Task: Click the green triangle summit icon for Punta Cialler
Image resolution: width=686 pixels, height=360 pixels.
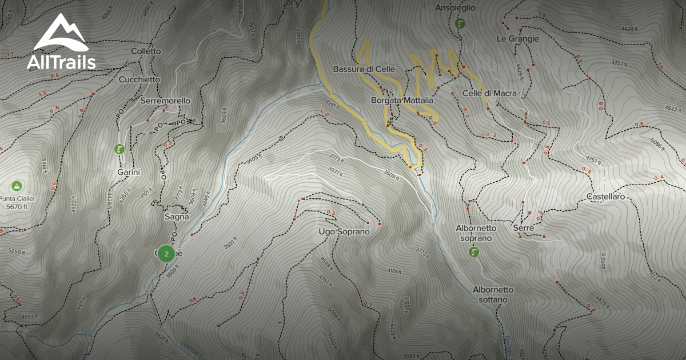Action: tap(17, 186)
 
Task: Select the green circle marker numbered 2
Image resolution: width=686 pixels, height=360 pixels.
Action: tap(166, 253)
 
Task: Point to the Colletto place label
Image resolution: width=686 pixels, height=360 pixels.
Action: tap(146, 51)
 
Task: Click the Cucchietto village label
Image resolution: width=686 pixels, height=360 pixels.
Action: tap(139, 79)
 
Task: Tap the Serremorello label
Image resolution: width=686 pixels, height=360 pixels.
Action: tap(165, 101)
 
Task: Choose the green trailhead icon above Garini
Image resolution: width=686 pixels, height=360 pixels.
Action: tap(119, 149)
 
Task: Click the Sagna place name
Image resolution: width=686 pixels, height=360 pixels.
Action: tap(177, 217)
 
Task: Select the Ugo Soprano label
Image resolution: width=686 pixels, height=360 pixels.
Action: tap(344, 232)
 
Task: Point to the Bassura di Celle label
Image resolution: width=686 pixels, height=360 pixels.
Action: tap(364, 69)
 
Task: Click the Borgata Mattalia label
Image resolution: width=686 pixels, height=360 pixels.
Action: tap(402, 100)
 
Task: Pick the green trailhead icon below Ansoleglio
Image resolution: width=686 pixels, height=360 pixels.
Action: tap(460, 24)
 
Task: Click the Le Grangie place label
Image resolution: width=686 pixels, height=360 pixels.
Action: tap(517, 39)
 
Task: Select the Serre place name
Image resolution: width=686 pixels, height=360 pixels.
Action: tap(524, 227)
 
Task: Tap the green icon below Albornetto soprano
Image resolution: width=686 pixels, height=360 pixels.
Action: tap(474, 252)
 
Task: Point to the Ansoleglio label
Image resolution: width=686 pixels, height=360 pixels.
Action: tap(455, 8)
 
